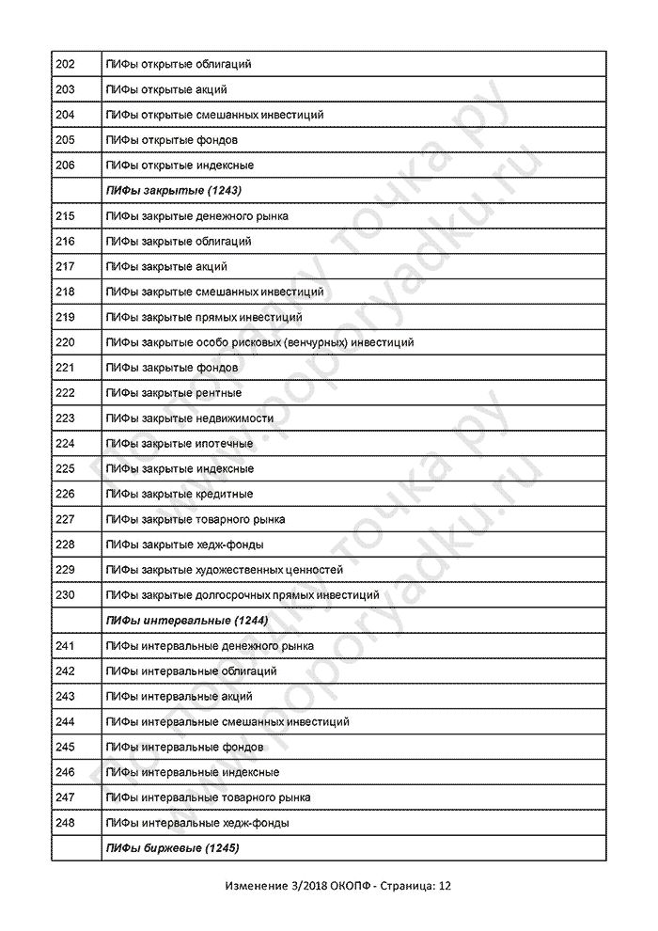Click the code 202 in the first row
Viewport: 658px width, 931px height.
tap(66, 64)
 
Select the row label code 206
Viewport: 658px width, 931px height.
tap(66, 166)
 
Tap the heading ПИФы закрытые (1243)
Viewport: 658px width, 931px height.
tap(176, 191)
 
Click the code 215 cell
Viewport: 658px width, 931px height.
tap(66, 216)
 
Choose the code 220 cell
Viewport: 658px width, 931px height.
tap(66, 342)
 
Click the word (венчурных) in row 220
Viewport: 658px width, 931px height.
tap(308, 342)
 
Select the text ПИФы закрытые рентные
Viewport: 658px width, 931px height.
tap(175, 393)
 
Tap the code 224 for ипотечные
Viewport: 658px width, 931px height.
tap(66, 444)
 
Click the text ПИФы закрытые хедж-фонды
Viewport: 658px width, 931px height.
tap(185, 544)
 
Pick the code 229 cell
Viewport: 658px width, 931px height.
tap(66, 570)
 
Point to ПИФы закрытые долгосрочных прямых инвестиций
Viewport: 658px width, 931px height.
tap(243, 595)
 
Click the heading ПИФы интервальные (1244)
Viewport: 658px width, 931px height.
tap(188, 621)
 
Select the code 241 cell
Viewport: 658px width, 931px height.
tap(66, 646)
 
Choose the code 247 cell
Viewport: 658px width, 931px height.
tap(66, 797)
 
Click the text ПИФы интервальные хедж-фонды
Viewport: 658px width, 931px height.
tap(198, 823)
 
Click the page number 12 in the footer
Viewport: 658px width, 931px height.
tap(445, 886)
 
